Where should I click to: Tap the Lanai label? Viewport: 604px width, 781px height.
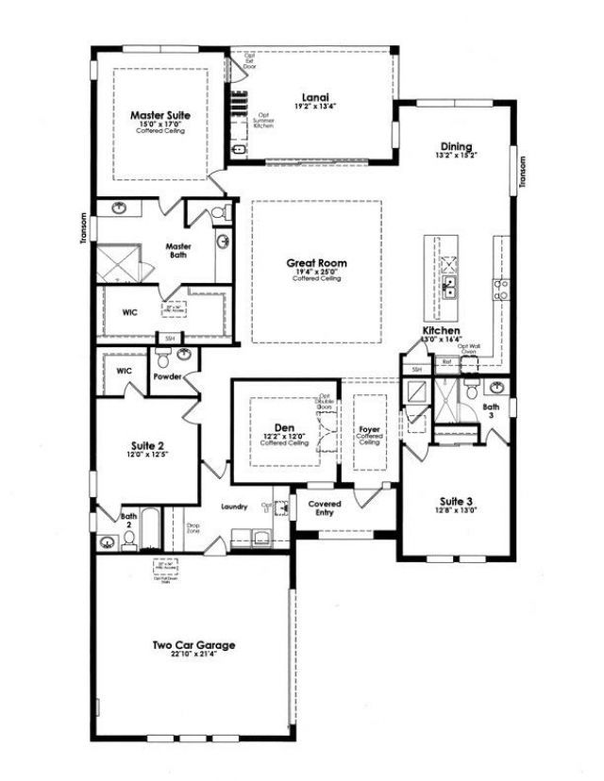pyautogui.click(x=315, y=96)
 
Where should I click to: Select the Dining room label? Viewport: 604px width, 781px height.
pyautogui.click(x=457, y=147)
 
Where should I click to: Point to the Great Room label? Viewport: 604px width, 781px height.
pyautogui.click(x=317, y=263)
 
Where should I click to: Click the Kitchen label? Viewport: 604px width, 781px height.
pyautogui.click(x=441, y=332)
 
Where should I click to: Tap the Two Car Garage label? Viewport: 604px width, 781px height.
pyautogui.click(x=193, y=645)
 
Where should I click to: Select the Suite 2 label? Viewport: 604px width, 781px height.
pyautogui.click(x=147, y=446)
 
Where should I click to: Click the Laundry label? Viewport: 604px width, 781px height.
pyautogui.click(x=233, y=507)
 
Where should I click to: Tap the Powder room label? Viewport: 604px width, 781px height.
pyautogui.click(x=167, y=375)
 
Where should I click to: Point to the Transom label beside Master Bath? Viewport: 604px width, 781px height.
pyautogui.click(x=84, y=229)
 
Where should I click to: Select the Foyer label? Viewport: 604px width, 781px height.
pyautogui.click(x=369, y=432)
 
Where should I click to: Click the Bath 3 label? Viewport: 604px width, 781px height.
pyautogui.click(x=491, y=411)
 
